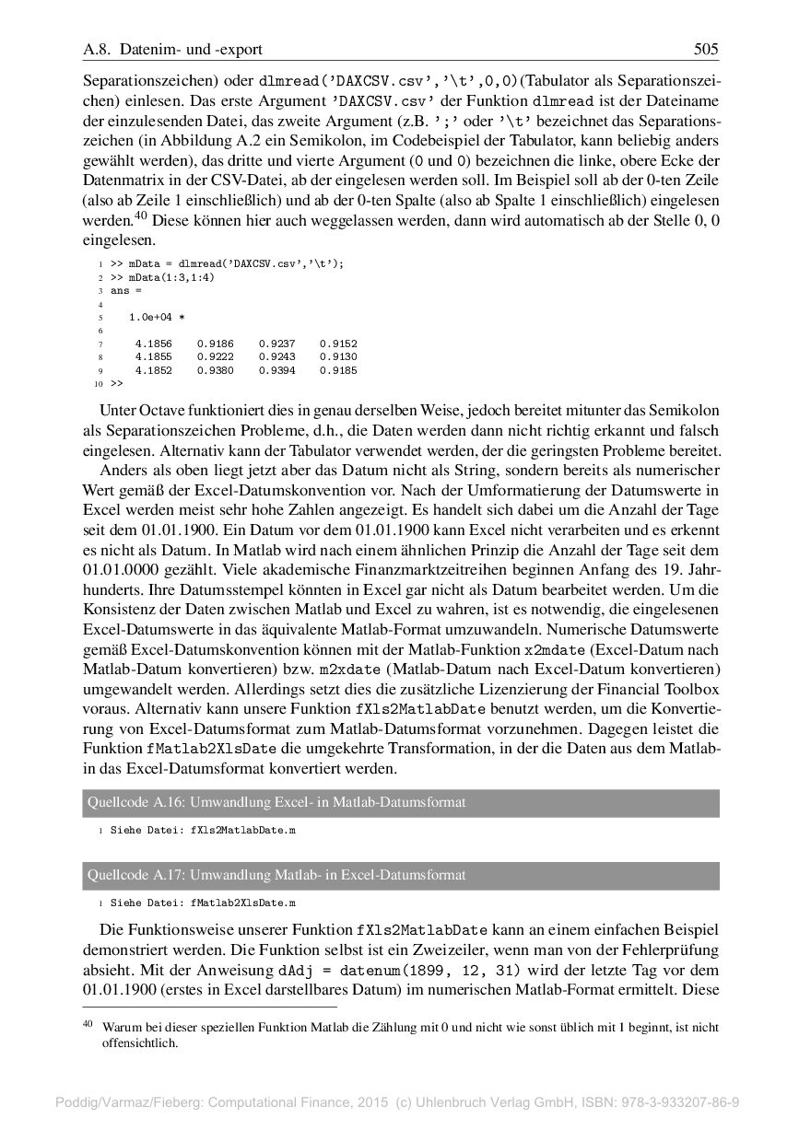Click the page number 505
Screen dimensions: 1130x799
click(706, 50)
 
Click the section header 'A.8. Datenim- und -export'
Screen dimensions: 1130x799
click(172, 50)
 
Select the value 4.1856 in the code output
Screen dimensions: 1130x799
click(153, 344)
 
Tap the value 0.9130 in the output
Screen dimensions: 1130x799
click(338, 356)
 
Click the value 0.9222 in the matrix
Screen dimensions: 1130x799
click(215, 356)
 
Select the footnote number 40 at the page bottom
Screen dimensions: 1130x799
click(88, 1025)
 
